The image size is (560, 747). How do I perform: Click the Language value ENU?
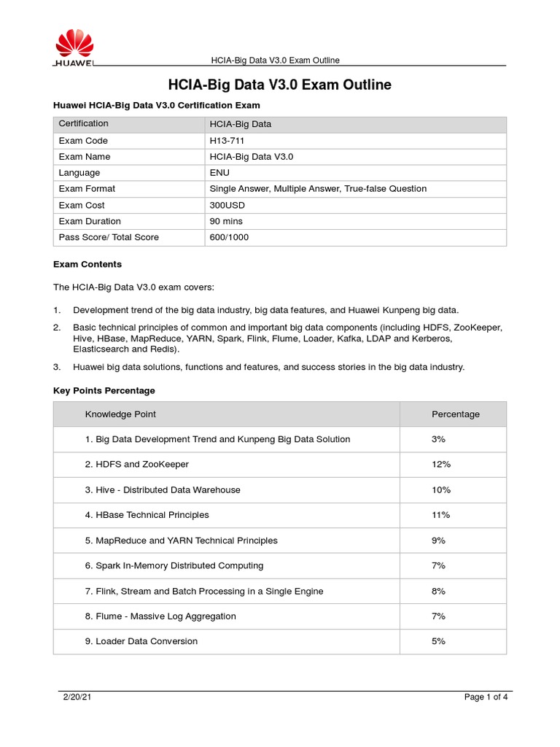[x=219, y=173]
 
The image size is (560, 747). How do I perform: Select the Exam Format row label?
[x=87, y=189]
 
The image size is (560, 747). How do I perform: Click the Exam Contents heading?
[x=87, y=264]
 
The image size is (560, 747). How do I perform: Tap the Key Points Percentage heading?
[x=104, y=391]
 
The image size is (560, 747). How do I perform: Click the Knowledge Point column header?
[x=120, y=414]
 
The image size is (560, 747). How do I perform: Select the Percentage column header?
[x=456, y=414]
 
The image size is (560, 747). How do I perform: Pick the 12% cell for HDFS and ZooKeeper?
[x=441, y=465]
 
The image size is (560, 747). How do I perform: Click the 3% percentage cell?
[x=438, y=439]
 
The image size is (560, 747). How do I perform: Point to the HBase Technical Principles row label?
[x=147, y=515]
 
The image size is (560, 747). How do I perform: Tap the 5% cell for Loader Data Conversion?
[x=438, y=641]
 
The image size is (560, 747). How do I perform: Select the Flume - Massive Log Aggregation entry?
[x=160, y=616]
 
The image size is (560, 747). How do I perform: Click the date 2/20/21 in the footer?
[x=76, y=697]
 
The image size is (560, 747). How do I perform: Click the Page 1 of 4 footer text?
[x=486, y=697]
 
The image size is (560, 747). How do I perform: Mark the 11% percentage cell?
[x=440, y=515]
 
